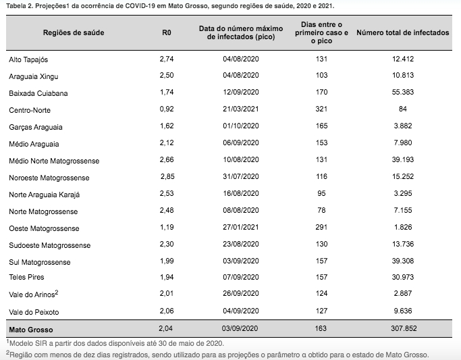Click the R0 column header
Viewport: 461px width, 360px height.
click(x=167, y=32)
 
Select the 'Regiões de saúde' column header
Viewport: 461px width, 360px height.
click(x=74, y=32)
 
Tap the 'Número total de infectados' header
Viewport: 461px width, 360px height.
click(x=403, y=32)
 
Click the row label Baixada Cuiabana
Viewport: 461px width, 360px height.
click(x=38, y=93)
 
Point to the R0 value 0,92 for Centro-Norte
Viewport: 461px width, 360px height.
click(x=167, y=109)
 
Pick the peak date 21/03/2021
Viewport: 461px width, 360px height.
click(x=241, y=109)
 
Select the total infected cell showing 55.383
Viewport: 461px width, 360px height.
click(x=403, y=92)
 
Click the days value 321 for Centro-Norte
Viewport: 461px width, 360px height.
click(x=321, y=109)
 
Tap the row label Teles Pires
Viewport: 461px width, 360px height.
click(x=26, y=277)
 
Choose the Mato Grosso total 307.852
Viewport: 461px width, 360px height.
click(x=404, y=328)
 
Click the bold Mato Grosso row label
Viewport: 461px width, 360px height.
click(x=31, y=330)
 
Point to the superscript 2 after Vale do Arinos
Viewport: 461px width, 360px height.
click(x=57, y=292)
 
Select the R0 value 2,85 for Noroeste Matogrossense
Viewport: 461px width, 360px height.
click(x=167, y=176)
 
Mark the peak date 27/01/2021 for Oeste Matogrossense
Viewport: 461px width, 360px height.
click(x=241, y=227)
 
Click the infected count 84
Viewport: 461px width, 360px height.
click(x=403, y=109)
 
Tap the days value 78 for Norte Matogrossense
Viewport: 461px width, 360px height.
click(x=321, y=210)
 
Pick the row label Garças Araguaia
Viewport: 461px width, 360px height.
click(x=36, y=127)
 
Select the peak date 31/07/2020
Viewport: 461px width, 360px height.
click(x=241, y=176)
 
